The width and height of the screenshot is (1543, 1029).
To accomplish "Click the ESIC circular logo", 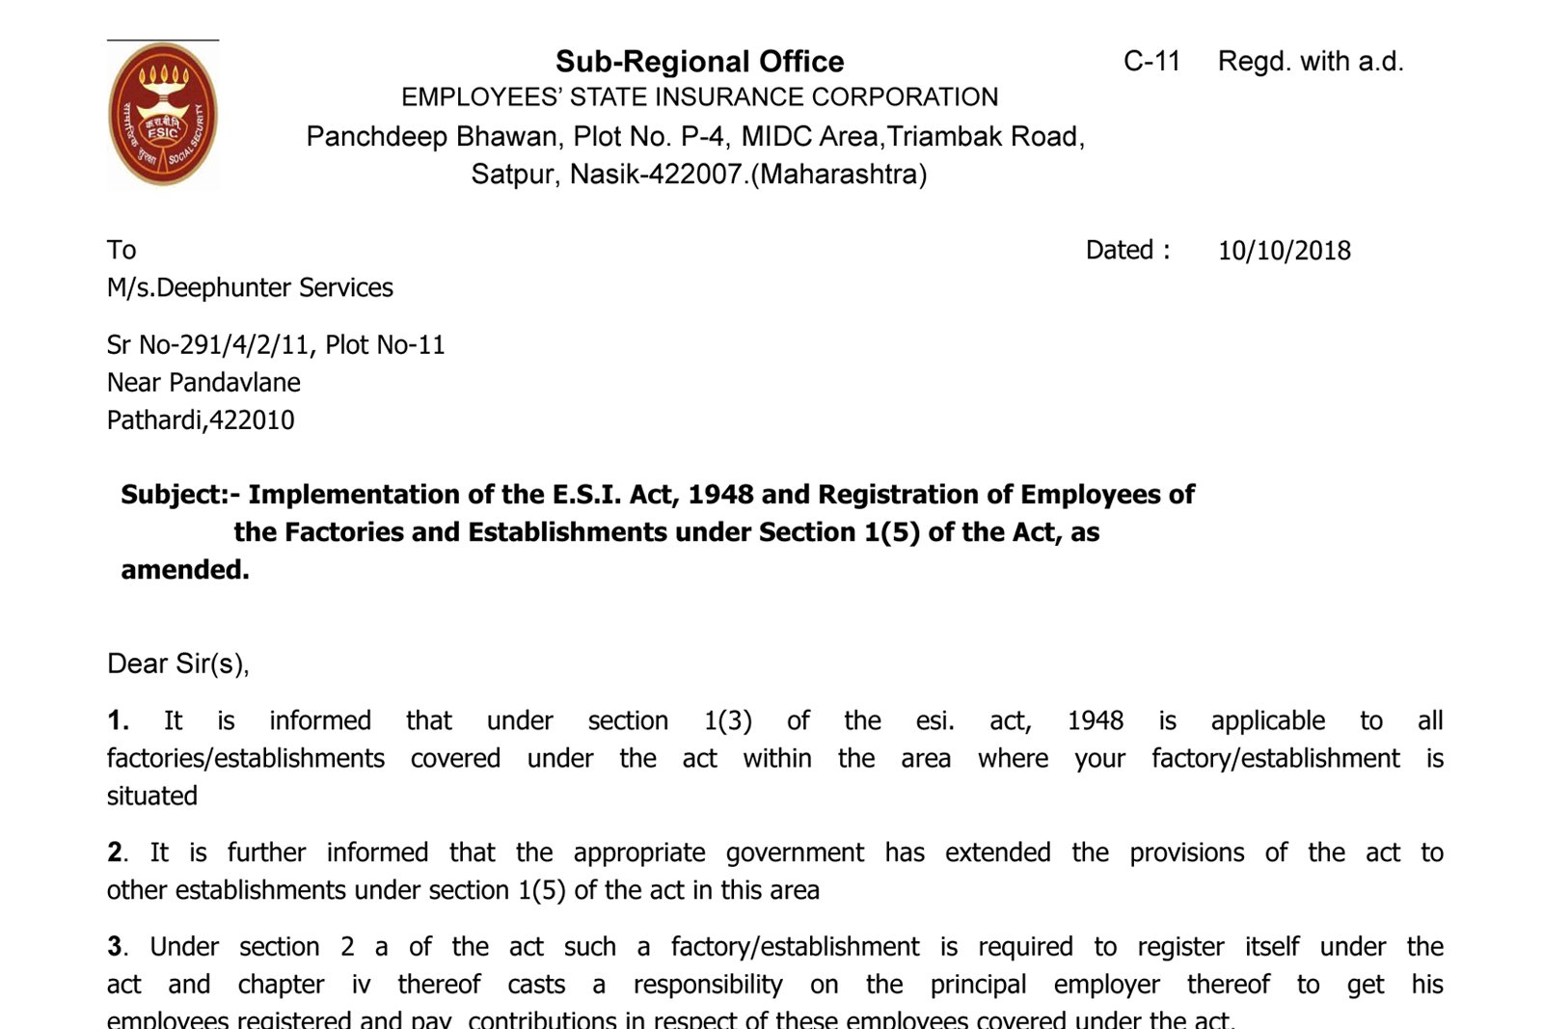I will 162,115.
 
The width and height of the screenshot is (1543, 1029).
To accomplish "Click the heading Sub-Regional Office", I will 699,62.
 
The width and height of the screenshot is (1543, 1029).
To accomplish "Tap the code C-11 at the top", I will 1151,62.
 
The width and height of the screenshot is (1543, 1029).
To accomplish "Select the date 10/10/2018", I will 1284,251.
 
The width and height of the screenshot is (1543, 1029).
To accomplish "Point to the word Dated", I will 1121,251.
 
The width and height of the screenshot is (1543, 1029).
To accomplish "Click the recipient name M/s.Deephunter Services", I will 250,288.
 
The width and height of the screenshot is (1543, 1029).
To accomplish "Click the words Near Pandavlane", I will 203,383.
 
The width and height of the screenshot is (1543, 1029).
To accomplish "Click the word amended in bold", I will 183,570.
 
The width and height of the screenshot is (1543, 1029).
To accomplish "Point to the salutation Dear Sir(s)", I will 177,664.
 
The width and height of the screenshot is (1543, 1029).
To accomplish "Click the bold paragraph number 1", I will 117,721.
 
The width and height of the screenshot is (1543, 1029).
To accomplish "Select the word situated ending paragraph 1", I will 151,797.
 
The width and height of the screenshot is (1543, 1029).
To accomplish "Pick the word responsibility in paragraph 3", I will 707,985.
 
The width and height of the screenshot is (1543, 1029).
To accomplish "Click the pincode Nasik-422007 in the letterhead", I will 657,175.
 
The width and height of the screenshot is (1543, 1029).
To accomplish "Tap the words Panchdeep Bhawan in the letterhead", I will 432,137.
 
